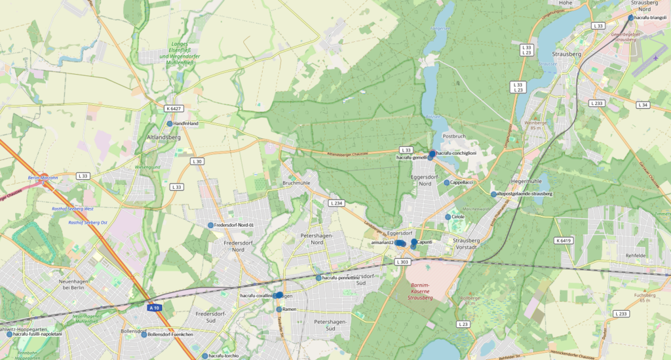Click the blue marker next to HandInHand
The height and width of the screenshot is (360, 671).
coord(170,123)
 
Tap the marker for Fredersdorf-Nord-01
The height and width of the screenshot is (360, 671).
coord(211,226)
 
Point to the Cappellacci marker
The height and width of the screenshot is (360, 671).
coord(446,183)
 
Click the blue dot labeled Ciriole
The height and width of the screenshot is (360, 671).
coord(448,217)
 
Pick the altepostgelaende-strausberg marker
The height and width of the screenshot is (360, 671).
coord(493,194)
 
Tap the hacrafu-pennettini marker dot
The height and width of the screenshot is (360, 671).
coord(318,278)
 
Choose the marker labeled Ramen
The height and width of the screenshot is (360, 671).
coord(278,309)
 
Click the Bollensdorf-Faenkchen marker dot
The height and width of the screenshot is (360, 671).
coord(144,334)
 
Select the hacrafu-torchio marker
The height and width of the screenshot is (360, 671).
coord(204,356)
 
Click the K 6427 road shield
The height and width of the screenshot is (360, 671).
coord(174,108)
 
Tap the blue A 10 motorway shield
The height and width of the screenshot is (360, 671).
coord(154,308)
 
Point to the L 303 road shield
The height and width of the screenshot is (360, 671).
coord(402,262)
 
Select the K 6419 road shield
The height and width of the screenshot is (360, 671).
coord(564,241)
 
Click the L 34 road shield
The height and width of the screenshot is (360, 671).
coord(643,105)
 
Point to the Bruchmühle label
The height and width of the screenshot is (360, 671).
coord(296,183)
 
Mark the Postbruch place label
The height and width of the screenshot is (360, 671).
coord(453,136)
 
